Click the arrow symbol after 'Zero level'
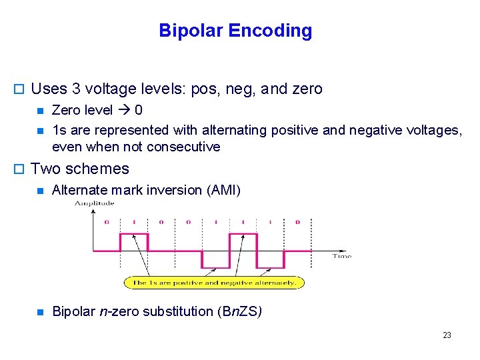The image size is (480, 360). pos(124,109)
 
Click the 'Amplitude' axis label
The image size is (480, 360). pos(94,203)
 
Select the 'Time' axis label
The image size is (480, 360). pos(341,256)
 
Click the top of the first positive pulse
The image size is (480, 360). pos(133,234)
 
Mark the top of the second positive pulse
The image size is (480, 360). pos(243,234)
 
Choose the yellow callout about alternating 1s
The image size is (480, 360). pos(214,283)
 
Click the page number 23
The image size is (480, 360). pos(447,335)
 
